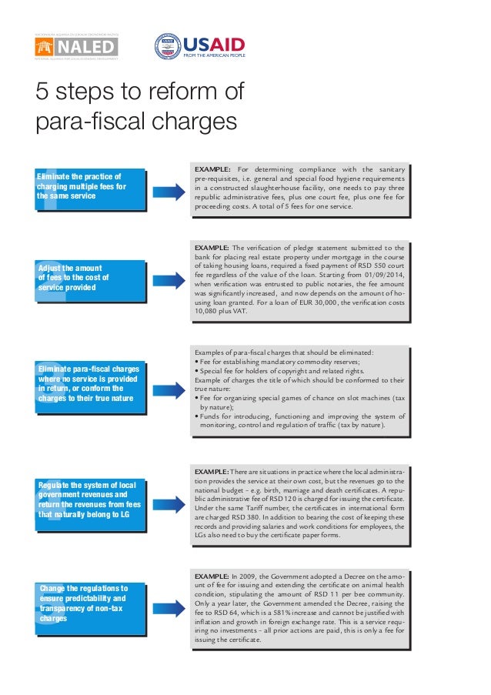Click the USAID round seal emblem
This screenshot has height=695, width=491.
tap(168, 47)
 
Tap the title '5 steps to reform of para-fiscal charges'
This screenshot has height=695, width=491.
tap(140, 107)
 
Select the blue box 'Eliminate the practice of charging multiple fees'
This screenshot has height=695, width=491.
tap(90, 187)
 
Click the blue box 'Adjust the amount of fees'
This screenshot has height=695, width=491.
tap(90, 278)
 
